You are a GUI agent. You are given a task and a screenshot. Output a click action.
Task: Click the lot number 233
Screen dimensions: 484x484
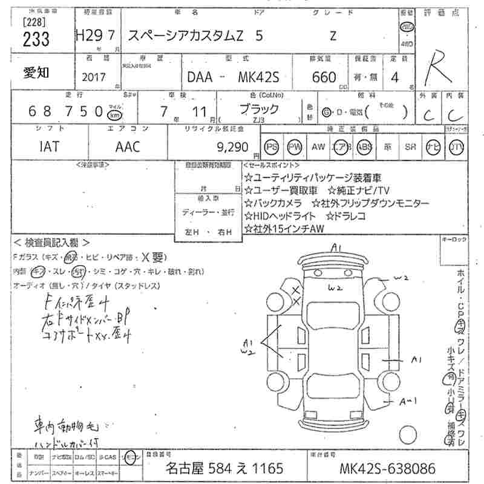pos(36,39)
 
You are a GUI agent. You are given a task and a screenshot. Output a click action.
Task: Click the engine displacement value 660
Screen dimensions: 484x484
pos(324,78)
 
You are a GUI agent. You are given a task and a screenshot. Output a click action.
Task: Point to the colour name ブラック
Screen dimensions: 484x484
pos(259,109)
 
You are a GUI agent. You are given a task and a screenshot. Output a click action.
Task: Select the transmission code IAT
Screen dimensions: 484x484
pos(49,146)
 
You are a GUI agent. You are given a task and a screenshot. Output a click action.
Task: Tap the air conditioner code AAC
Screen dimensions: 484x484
pos(128,146)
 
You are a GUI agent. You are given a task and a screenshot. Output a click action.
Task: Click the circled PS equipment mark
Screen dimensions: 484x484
pos(272,147)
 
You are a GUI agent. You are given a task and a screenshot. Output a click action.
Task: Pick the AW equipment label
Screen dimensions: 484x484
pos(318,147)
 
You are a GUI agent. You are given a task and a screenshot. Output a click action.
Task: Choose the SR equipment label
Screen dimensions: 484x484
pos(411,147)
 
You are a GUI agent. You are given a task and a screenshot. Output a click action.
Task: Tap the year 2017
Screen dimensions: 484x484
pos(92,78)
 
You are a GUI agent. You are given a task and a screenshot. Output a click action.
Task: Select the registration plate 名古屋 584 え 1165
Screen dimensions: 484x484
pos(224,469)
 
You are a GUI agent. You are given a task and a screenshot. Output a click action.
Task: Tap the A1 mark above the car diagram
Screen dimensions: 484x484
pos(337,247)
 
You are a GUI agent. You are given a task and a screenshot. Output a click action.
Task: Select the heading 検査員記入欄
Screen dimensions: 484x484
pos(51,242)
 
